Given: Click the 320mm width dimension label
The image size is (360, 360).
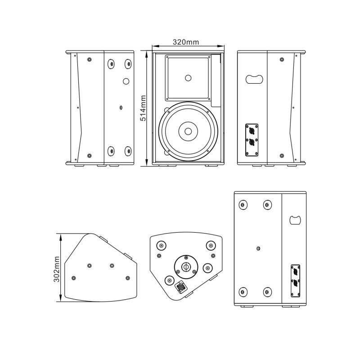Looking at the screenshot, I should coord(186,42).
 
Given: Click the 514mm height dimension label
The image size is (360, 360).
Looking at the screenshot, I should coord(143,108).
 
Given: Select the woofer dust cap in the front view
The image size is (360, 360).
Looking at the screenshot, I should coord(188,132).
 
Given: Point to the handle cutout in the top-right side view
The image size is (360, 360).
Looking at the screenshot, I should coord(253,79).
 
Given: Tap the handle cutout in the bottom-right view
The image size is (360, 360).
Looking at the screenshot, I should coord(295,220).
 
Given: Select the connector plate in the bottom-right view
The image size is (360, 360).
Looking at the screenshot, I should coord(296,280).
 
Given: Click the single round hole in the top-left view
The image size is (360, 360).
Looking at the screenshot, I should coord(126,81).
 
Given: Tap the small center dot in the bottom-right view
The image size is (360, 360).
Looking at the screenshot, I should coord(258,248).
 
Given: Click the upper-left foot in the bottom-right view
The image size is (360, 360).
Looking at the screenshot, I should coord(243,206).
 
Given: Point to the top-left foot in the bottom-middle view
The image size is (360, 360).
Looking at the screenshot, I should coord(160,245).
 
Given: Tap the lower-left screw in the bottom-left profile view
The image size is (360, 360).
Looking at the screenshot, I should coord(74,277).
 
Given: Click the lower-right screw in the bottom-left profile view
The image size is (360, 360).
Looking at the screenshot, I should coord(128,277).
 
